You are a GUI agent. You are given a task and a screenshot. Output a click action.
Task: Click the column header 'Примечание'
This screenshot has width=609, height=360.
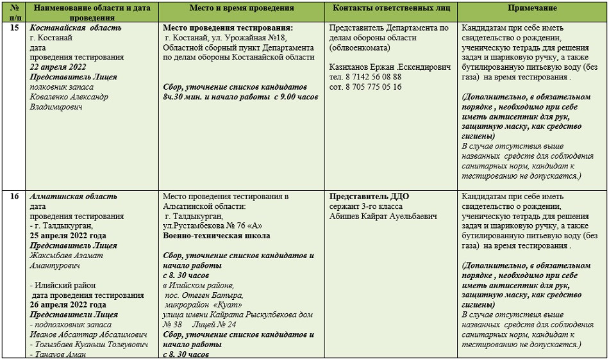coord(532,8)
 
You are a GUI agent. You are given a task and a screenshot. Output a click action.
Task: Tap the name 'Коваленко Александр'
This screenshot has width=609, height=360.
coord(69,97)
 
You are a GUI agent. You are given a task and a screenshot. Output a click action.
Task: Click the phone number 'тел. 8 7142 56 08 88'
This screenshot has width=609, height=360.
coord(365,77)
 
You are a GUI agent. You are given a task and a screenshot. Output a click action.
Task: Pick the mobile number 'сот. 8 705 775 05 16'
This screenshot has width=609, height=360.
coord(365,86)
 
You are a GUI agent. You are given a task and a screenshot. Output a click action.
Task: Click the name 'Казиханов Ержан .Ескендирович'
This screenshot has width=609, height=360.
coord(389,67)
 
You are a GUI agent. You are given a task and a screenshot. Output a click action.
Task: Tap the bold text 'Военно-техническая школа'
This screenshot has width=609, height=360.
coord(217,236)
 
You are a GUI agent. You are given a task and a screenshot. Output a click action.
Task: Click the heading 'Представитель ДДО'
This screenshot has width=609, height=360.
coord(369,197)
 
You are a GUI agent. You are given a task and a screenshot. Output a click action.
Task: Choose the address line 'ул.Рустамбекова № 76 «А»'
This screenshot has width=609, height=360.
coord(213,225)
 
